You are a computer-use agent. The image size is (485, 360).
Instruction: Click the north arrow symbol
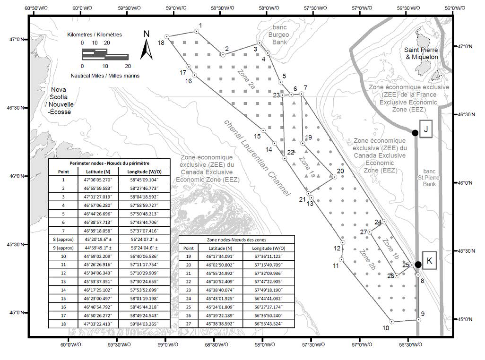coord(147,45)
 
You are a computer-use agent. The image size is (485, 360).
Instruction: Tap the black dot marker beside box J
coord(415,133)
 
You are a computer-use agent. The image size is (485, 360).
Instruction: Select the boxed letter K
coord(429,260)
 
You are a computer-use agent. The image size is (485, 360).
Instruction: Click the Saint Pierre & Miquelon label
coord(421,53)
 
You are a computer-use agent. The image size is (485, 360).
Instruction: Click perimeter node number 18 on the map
coord(167,36)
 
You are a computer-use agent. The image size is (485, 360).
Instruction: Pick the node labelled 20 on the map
coord(334,177)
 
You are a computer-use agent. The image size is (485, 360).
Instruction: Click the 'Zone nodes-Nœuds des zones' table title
coord(236,240)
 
